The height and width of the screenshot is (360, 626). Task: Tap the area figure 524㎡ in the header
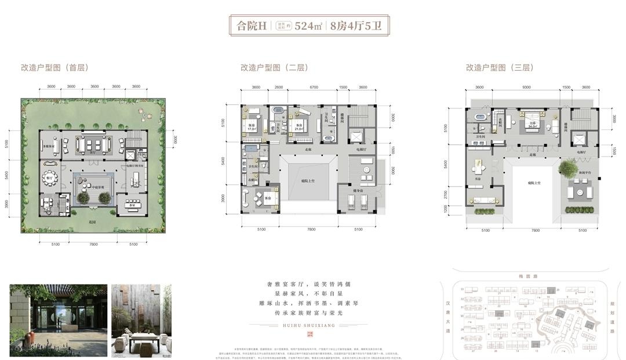(x=308, y=26)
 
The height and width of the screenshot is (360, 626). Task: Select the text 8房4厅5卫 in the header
(x=356, y=26)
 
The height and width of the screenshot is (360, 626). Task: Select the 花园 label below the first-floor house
(x=91, y=221)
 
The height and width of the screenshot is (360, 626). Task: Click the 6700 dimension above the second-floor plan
(x=314, y=88)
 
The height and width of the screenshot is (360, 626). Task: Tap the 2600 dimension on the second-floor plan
(x=278, y=88)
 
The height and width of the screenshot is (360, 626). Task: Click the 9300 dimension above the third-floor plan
(x=526, y=88)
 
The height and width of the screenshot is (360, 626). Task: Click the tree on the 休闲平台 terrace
(x=565, y=168)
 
